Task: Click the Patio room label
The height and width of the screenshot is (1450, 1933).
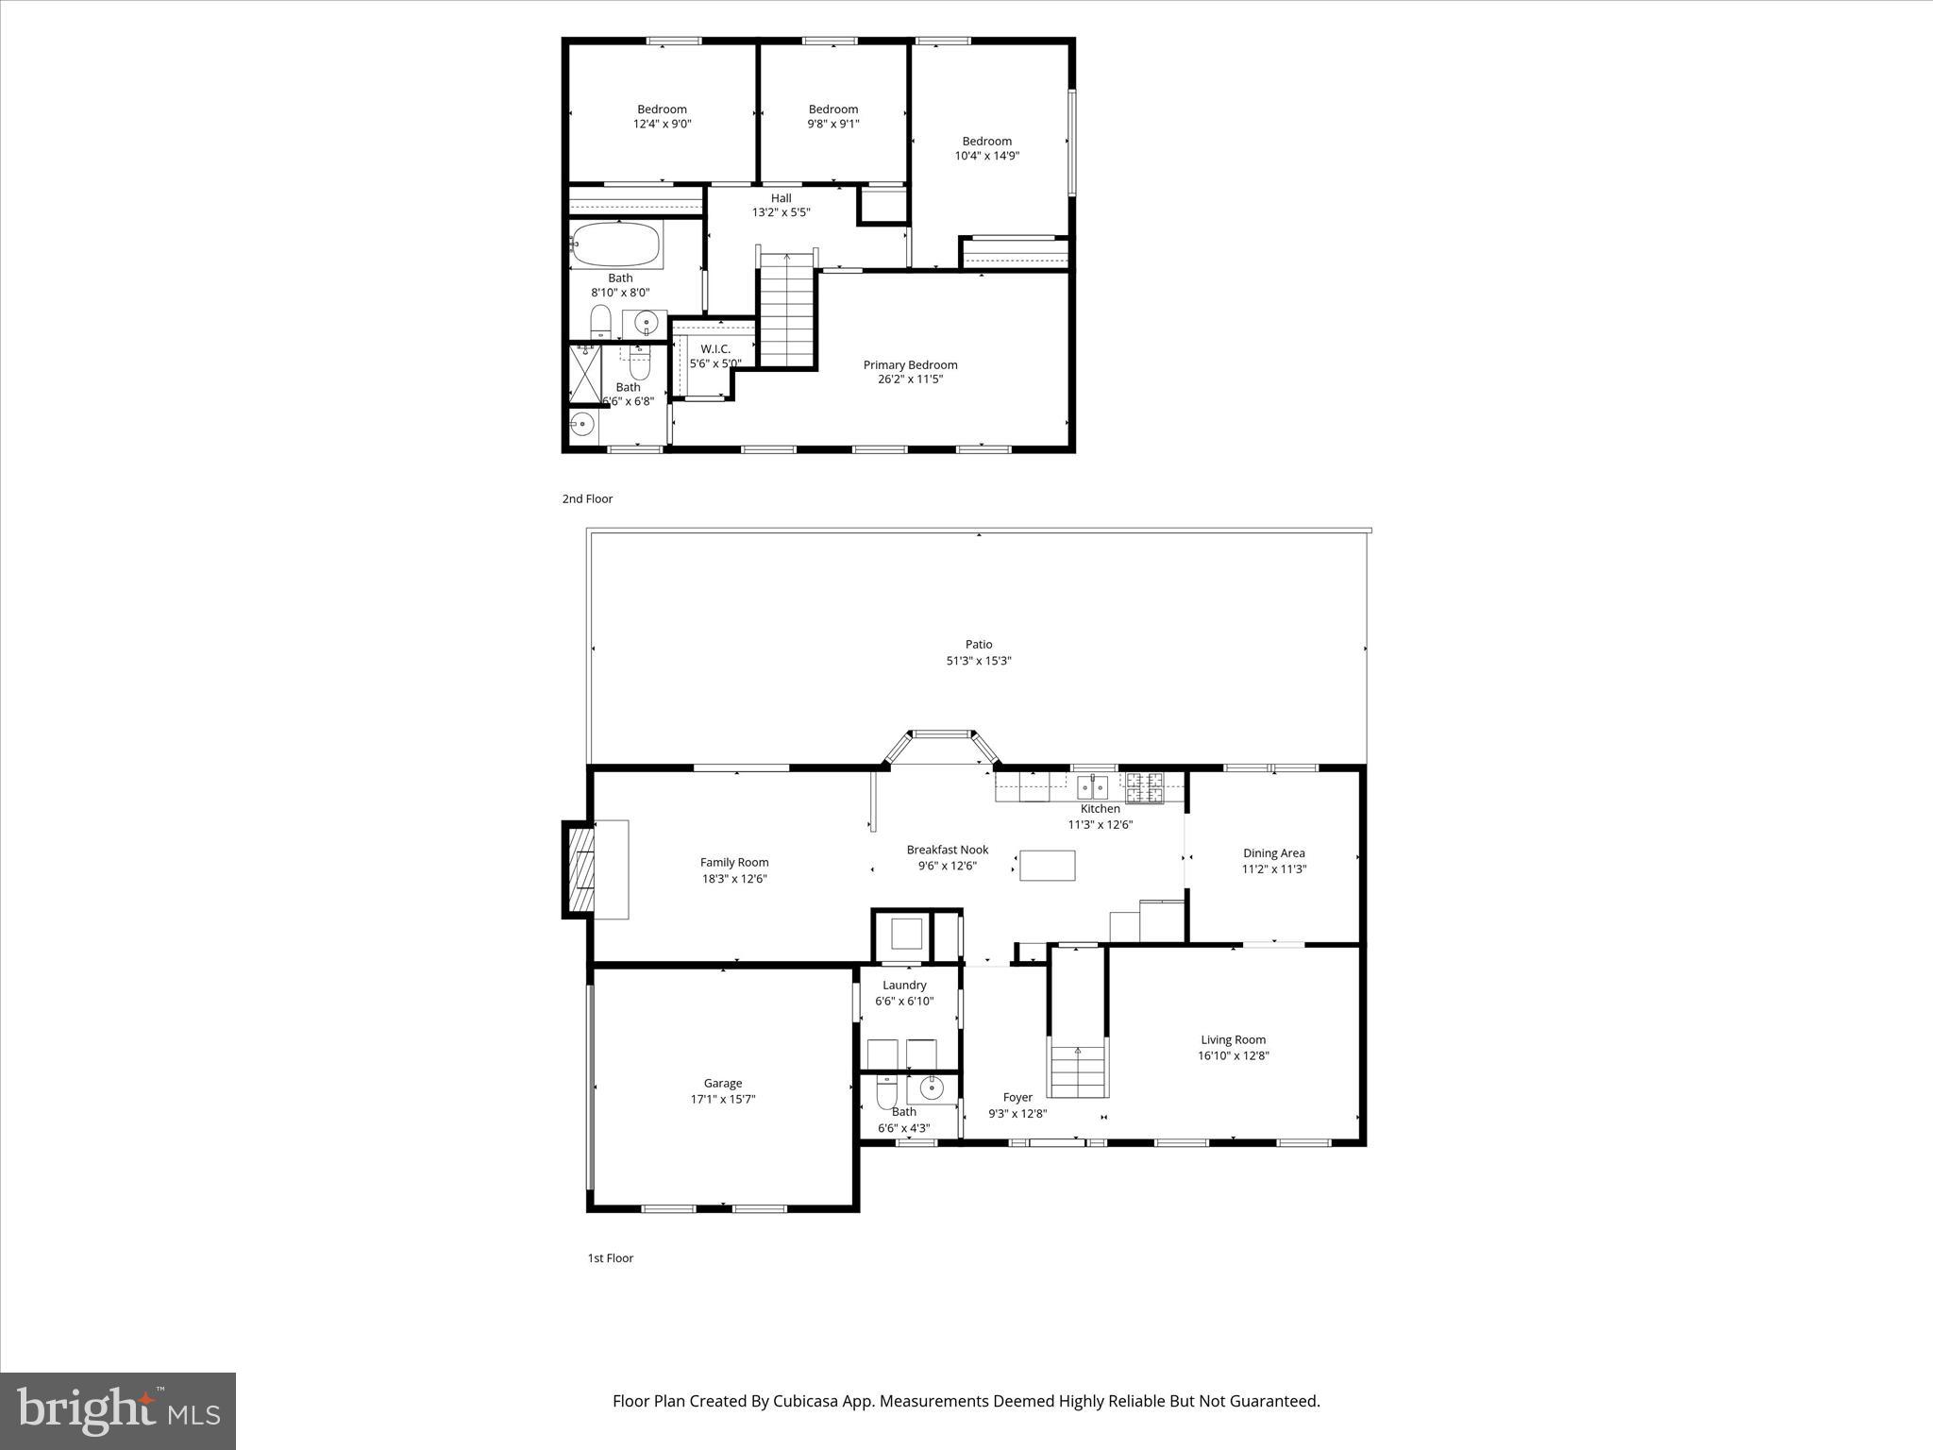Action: click(x=979, y=645)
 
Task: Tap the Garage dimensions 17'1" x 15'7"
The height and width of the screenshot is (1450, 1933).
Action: click(x=723, y=1099)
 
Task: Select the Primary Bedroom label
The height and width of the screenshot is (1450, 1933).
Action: click(x=910, y=365)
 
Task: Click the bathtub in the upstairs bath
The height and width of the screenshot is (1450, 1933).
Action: click(x=616, y=244)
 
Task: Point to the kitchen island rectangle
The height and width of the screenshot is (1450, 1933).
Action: click(x=1048, y=866)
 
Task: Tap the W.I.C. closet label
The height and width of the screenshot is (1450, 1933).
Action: click(x=715, y=349)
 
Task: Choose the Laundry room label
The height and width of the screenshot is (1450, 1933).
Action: click(x=904, y=986)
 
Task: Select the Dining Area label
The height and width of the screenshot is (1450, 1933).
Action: click(x=1274, y=853)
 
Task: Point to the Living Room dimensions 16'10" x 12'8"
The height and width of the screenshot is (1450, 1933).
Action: click(x=1234, y=1055)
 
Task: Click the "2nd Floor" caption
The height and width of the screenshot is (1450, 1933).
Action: click(x=587, y=498)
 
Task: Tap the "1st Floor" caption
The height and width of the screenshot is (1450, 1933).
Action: click(x=611, y=1257)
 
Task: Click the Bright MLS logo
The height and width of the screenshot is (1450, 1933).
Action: click(x=118, y=1410)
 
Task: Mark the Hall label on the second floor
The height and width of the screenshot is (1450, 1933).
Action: click(x=781, y=198)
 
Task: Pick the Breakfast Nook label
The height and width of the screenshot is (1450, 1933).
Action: click(x=948, y=850)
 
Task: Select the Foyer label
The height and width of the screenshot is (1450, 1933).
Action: click(x=1017, y=1098)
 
